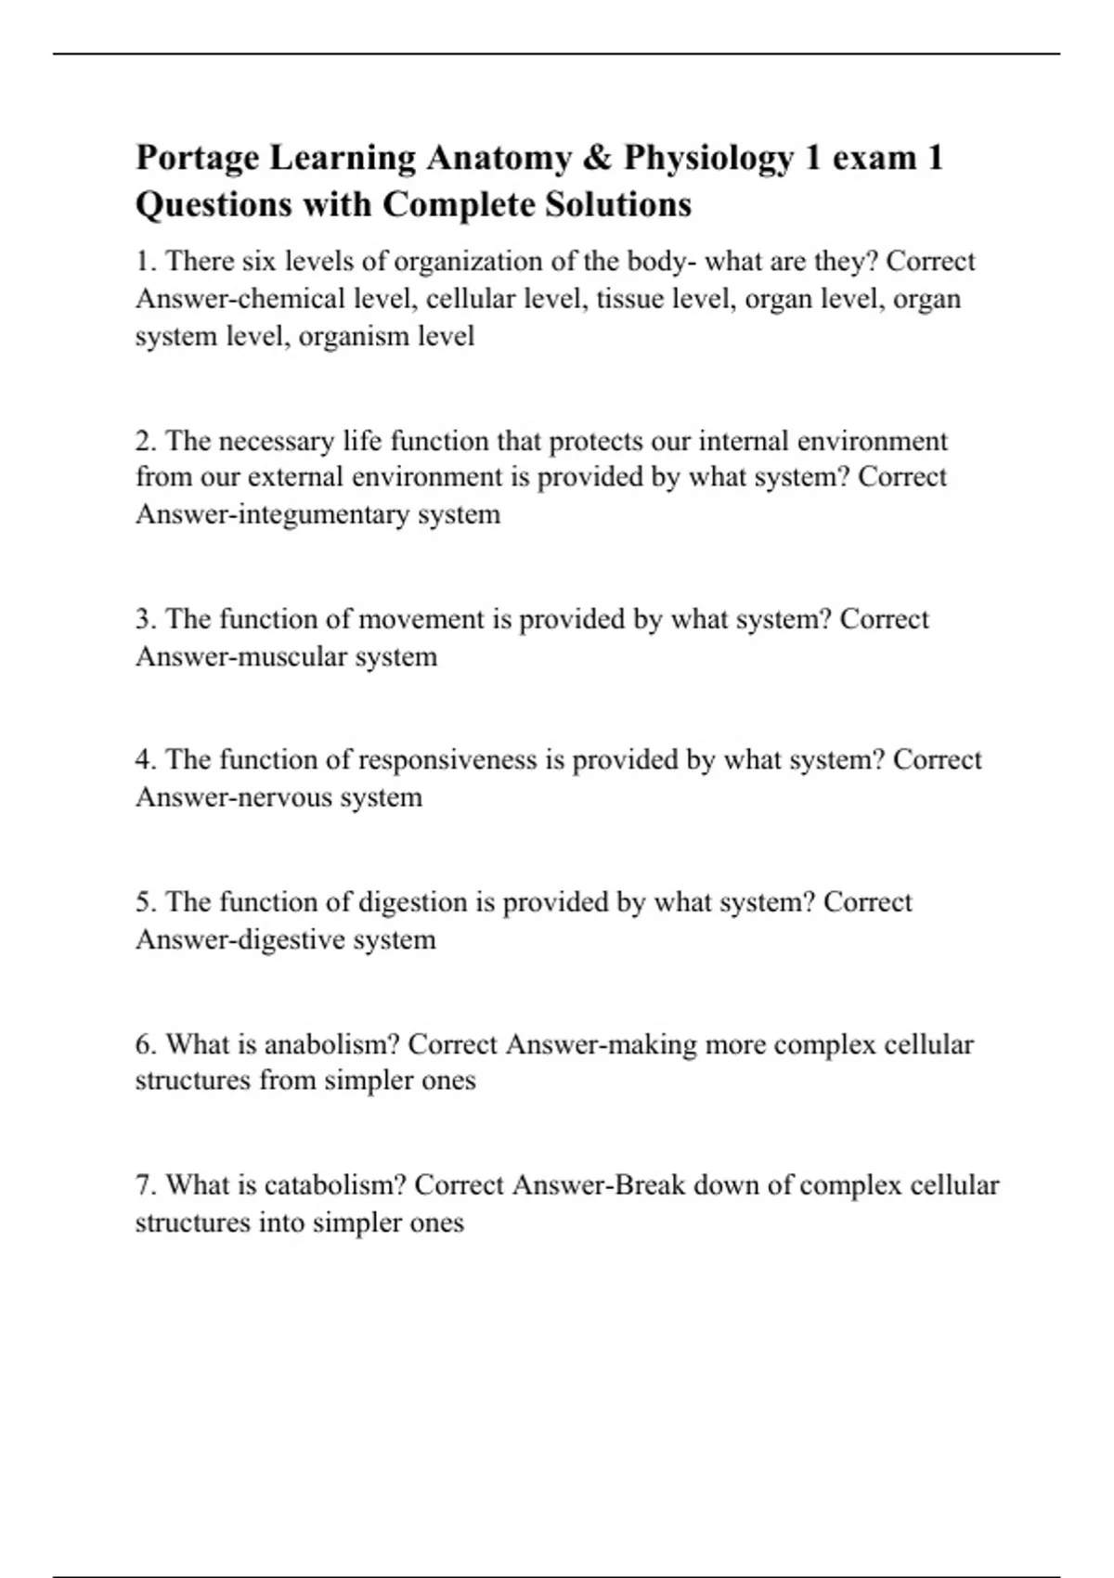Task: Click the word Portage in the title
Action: click(197, 159)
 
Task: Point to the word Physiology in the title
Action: click(708, 159)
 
